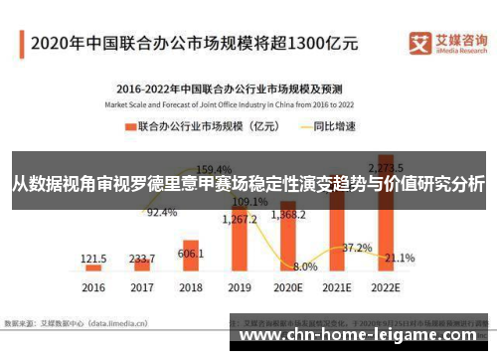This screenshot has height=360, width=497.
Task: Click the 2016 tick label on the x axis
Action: pos(93,287)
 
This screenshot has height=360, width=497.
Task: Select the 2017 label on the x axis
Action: pos(142,287)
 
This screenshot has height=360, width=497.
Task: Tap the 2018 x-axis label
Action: pos(191,287)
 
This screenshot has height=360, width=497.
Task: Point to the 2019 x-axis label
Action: pos(239,287)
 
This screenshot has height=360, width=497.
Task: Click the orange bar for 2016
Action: pos(93,268)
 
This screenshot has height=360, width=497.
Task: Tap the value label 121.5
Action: pos(93,258)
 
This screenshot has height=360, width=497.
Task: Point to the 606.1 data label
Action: pos(191,255)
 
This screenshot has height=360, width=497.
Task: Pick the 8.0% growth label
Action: pos(305,267)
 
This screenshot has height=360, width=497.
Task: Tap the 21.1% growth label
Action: pos(400,258)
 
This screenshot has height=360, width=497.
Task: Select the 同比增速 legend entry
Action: pos(321,127)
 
